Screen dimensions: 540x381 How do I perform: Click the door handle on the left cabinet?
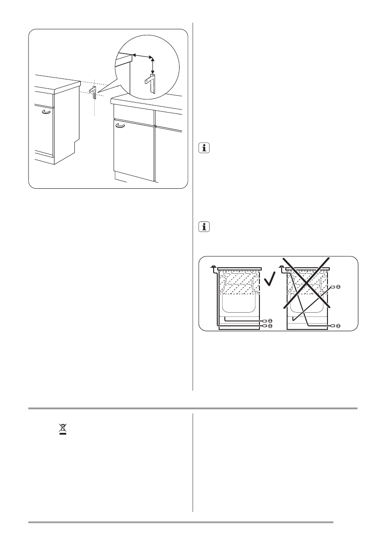click(46, 112)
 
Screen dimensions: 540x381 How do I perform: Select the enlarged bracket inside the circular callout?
click(151, 83)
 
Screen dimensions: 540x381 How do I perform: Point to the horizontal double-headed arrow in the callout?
click(142, 56)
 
